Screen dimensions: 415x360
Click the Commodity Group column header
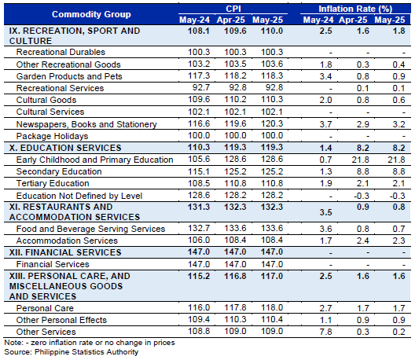(x=91, y=14)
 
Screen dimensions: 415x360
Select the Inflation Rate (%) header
(x=355, y=9)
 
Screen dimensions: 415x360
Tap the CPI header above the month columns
(x=233, y=9)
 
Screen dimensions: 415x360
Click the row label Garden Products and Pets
(x=69, y=76)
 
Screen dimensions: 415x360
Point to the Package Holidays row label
(x=52, y=136)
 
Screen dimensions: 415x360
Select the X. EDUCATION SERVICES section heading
(x=65, y=148)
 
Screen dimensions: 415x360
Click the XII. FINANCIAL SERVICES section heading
(x=65, y=252)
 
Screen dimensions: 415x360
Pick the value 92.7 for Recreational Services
(x=201, y=87)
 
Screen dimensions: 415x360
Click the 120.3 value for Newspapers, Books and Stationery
(x=272, y=123)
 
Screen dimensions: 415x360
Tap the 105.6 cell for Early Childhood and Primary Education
(x=199, y=159)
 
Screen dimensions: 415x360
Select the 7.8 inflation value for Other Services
(x=325, y=332)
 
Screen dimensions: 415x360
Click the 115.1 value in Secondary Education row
(x=199, y=171)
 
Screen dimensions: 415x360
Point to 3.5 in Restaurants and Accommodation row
(x=325, y=212)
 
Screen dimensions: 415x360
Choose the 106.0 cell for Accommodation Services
(x=199, y=240)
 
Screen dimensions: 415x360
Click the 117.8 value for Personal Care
(x=235, y=307)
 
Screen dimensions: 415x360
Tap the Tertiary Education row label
(x=53, y=183)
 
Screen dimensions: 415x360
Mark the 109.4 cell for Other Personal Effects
(x=199, y=319)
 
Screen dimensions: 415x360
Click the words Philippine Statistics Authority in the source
(x=86, y=352)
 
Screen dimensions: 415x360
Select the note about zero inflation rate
(x=90, y=343)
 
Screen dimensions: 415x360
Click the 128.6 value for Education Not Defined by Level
(x=199, y=195)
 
